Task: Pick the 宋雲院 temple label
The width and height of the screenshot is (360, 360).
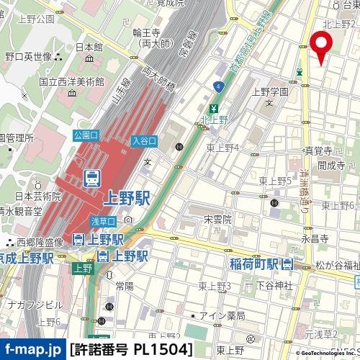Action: point(216,218)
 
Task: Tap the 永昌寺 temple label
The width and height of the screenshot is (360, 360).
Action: point(314,237)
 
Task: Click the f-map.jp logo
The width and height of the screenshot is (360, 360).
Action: point(32,350)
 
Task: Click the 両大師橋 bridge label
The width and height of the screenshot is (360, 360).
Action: point(158,78)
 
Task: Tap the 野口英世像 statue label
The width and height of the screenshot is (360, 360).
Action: point(29,56)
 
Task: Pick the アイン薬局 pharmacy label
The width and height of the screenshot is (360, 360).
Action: point(222,315)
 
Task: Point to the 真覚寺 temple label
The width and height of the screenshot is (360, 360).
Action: point(318,151)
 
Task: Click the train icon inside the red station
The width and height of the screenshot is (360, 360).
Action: point(92,176)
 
